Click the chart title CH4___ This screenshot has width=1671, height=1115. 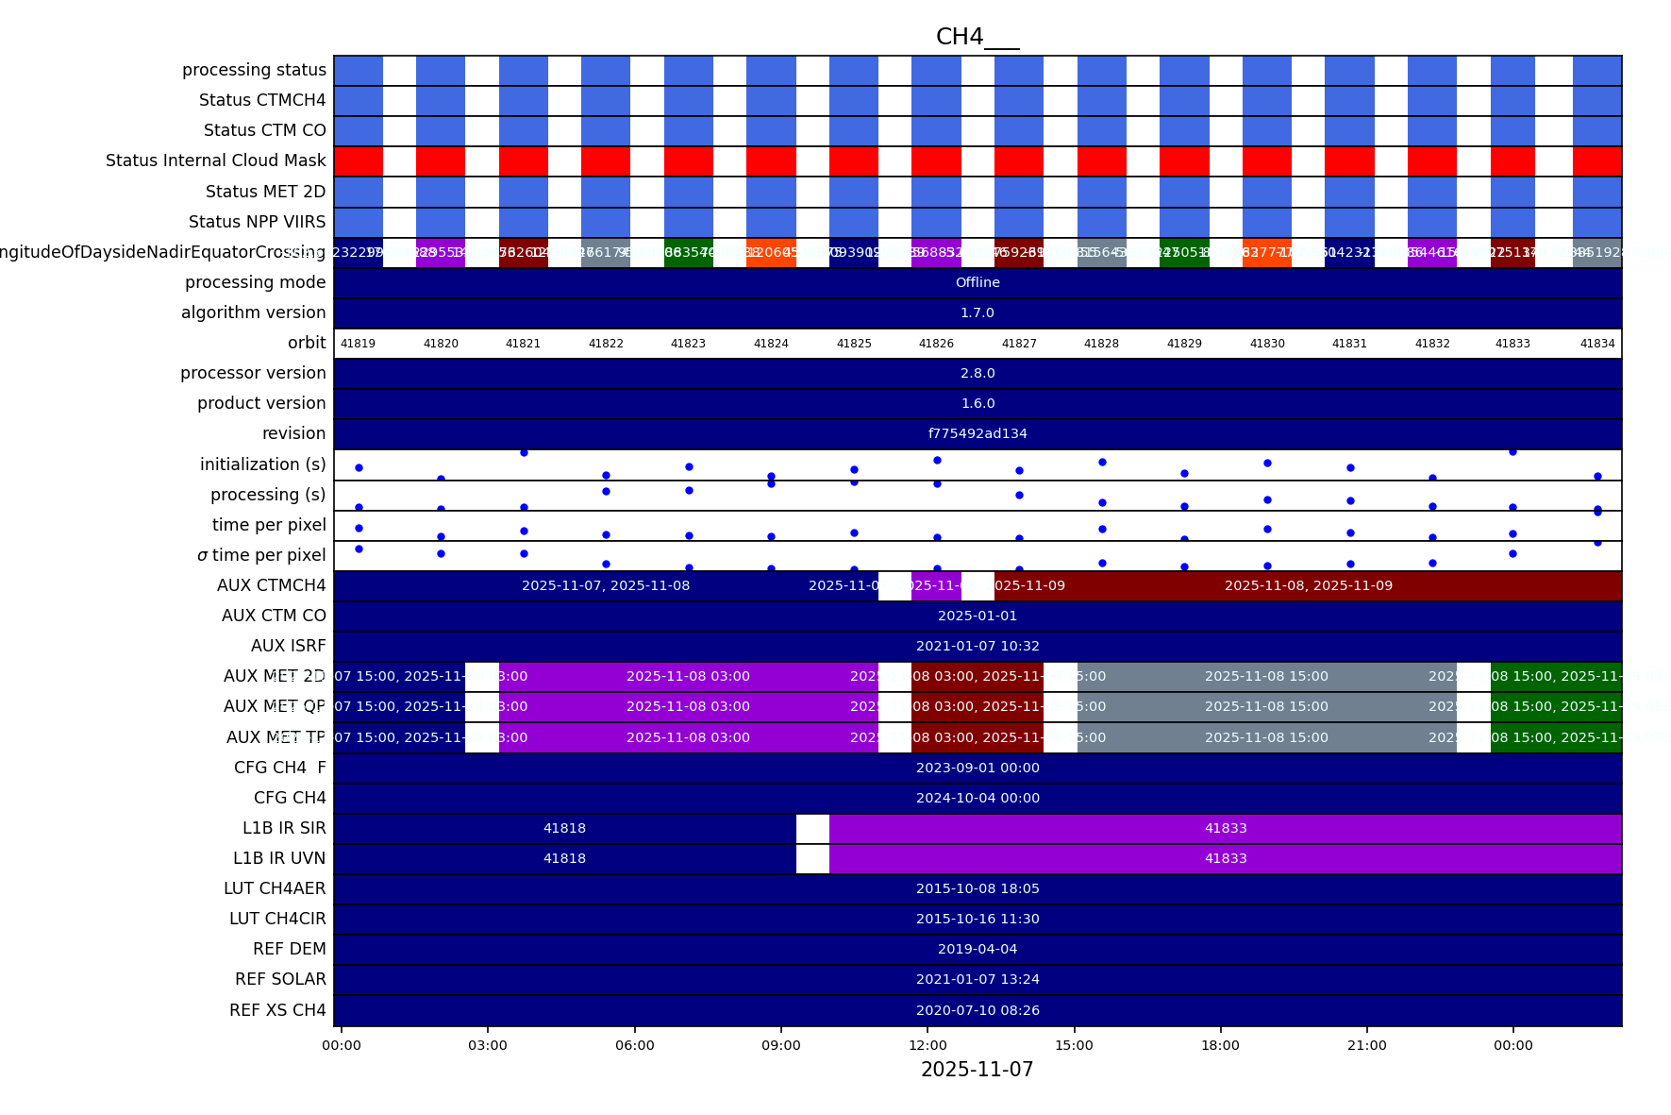[977, 37]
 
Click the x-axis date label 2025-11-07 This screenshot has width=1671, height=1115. [977, 1070]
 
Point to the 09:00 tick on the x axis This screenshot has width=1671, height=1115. [781, 1045]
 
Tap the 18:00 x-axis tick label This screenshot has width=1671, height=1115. [1220, 1045]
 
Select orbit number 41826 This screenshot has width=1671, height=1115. [936, 344]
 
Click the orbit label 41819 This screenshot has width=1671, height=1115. [358, 344]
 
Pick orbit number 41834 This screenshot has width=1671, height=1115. [1597, 344]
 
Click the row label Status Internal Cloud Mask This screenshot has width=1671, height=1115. [215, 161]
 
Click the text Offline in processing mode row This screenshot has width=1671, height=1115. [978, 283]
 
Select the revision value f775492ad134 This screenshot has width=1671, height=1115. [978, 434]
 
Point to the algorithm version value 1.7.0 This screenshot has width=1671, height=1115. [978, 313]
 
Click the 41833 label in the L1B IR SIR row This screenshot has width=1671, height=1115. [1226, 829]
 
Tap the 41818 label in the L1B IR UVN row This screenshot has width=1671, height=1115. [564, 859]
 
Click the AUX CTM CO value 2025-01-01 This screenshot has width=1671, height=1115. [978, 617]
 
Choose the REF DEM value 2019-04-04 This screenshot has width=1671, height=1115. [978, 950]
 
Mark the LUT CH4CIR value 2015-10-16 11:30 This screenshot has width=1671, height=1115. [978, 920]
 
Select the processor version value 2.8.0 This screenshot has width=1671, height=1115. [978, 374]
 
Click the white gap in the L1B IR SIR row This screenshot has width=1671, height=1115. [812, 829]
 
